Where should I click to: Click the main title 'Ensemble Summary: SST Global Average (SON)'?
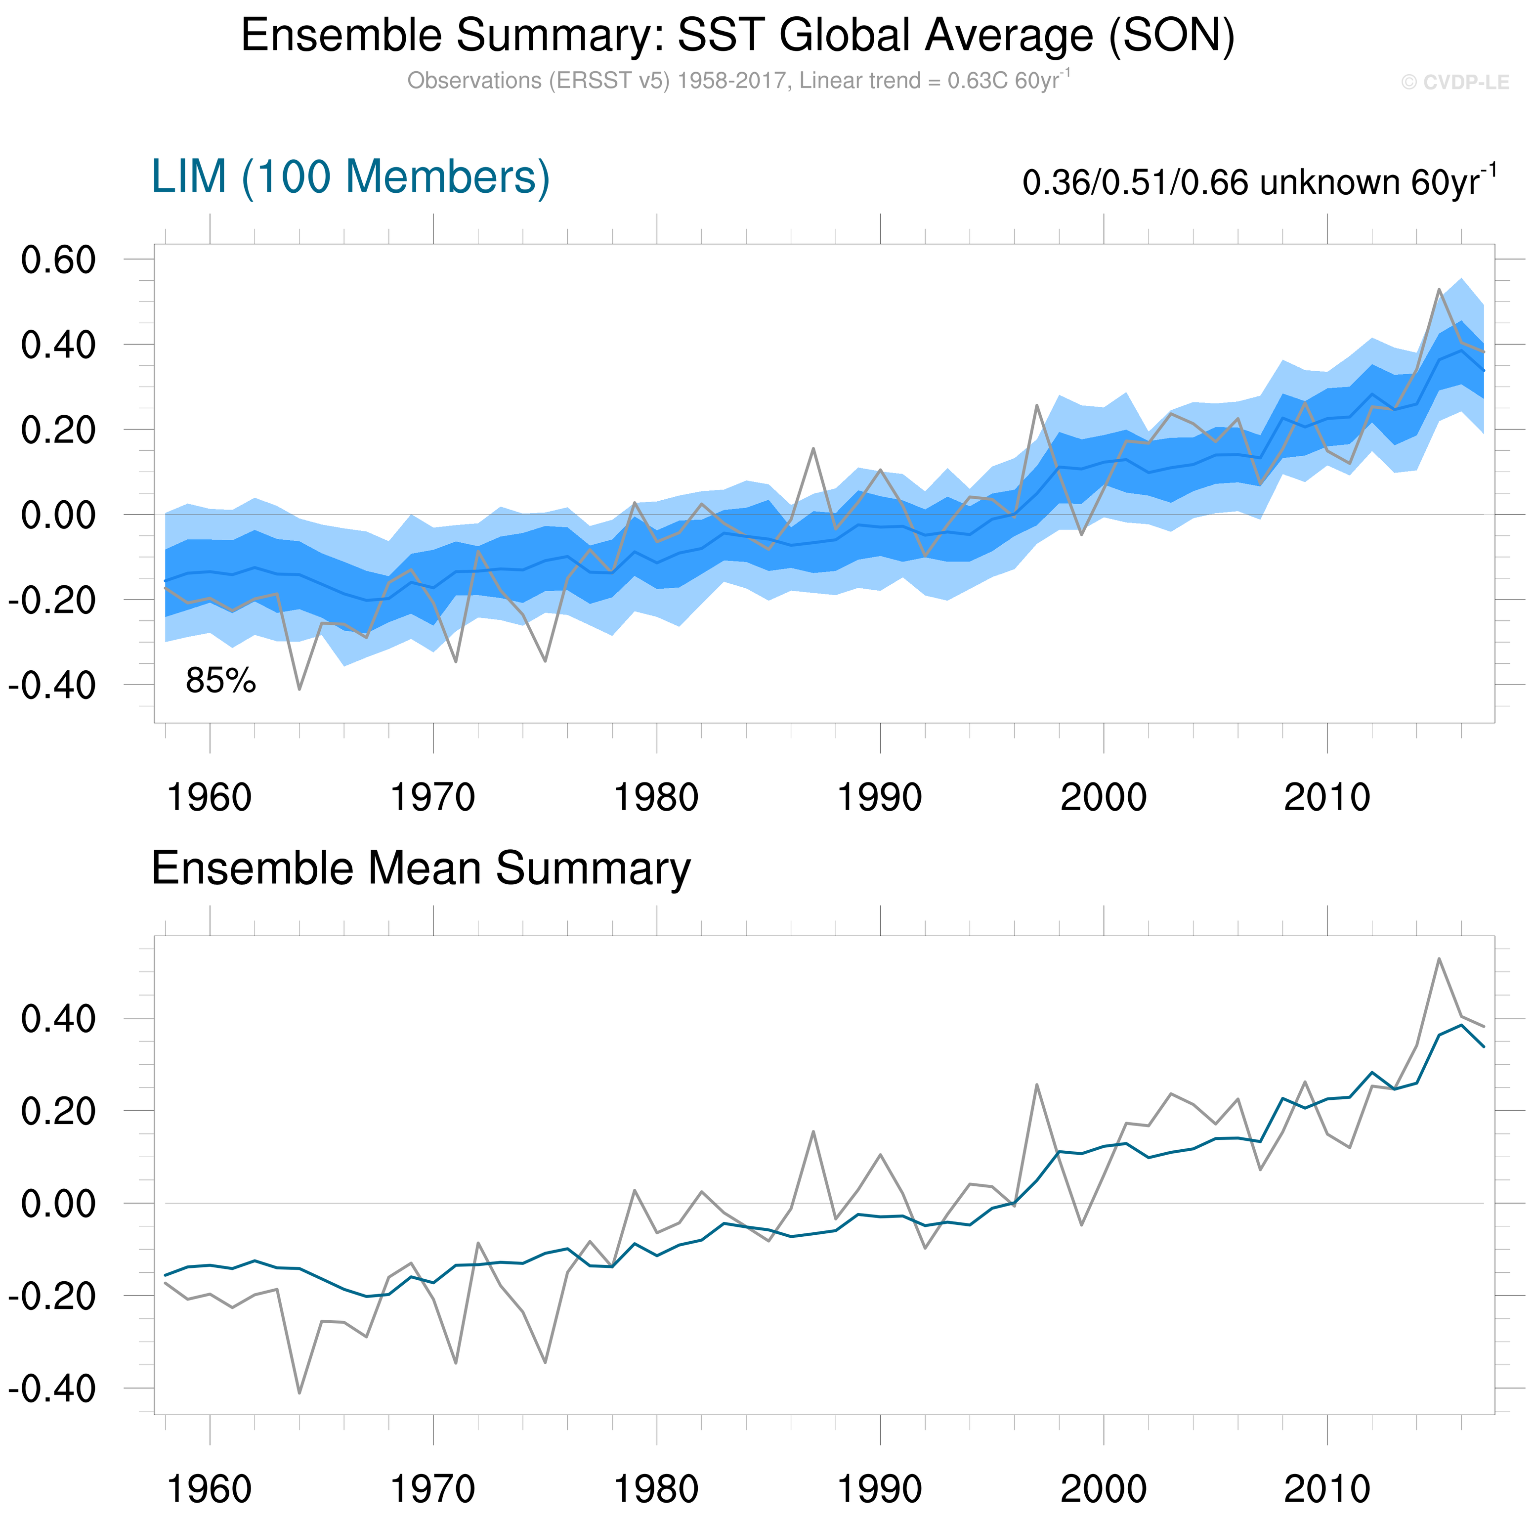click(738, 36)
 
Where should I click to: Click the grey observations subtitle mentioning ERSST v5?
click(738, 81)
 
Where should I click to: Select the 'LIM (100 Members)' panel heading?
click(350, 176)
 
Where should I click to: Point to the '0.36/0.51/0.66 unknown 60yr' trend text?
click(1259, 182)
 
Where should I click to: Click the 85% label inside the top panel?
click(221, 681)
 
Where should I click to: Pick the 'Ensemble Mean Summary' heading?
click(421, 868)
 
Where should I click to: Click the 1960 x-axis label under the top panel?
click(210, 797)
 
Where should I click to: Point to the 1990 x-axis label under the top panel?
click(880, 797)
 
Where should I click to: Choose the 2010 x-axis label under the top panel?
click(1327, 797)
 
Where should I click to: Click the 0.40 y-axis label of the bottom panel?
click(58, 1019)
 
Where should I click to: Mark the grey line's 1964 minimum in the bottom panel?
click(299, 1393)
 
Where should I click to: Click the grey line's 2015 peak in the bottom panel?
click(1439, 958)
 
